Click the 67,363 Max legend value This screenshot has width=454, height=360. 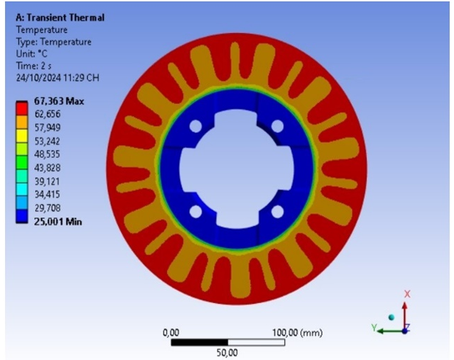(x=59, y=101)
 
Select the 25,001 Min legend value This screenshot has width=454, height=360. (x=58, y=222)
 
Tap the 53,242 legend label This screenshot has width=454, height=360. (x=47, y=141)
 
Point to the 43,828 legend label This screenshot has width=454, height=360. (x=47, y=168)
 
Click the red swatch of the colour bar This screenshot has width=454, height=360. (x=22, y=109)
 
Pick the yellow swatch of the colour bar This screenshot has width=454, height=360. (x=22, y=135)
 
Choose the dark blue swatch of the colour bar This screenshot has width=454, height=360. (x=22, y=216)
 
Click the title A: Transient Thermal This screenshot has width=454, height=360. (x=60, y=18)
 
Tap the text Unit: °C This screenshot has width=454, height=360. (x=31, y=54)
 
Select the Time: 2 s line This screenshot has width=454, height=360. (x=34, y=66)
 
